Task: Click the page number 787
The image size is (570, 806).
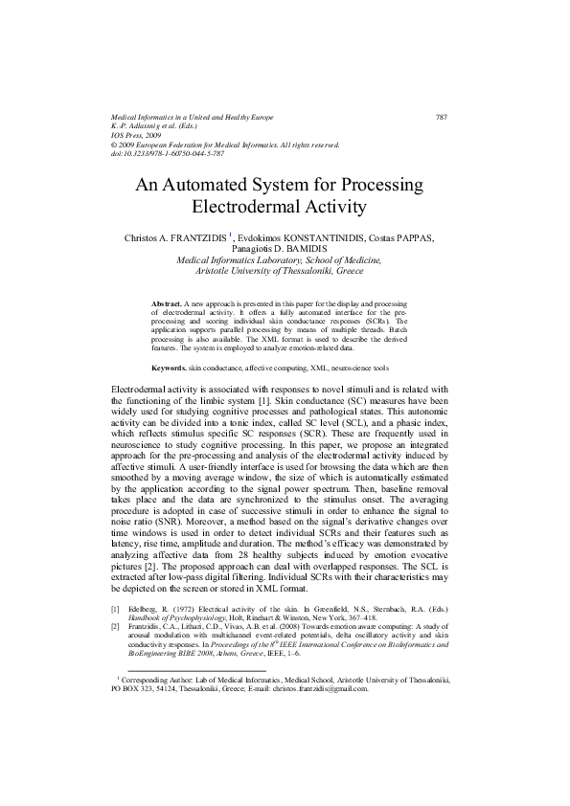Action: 442,117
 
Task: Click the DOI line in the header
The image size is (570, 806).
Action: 168,153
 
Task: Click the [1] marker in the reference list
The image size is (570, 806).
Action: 116,609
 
